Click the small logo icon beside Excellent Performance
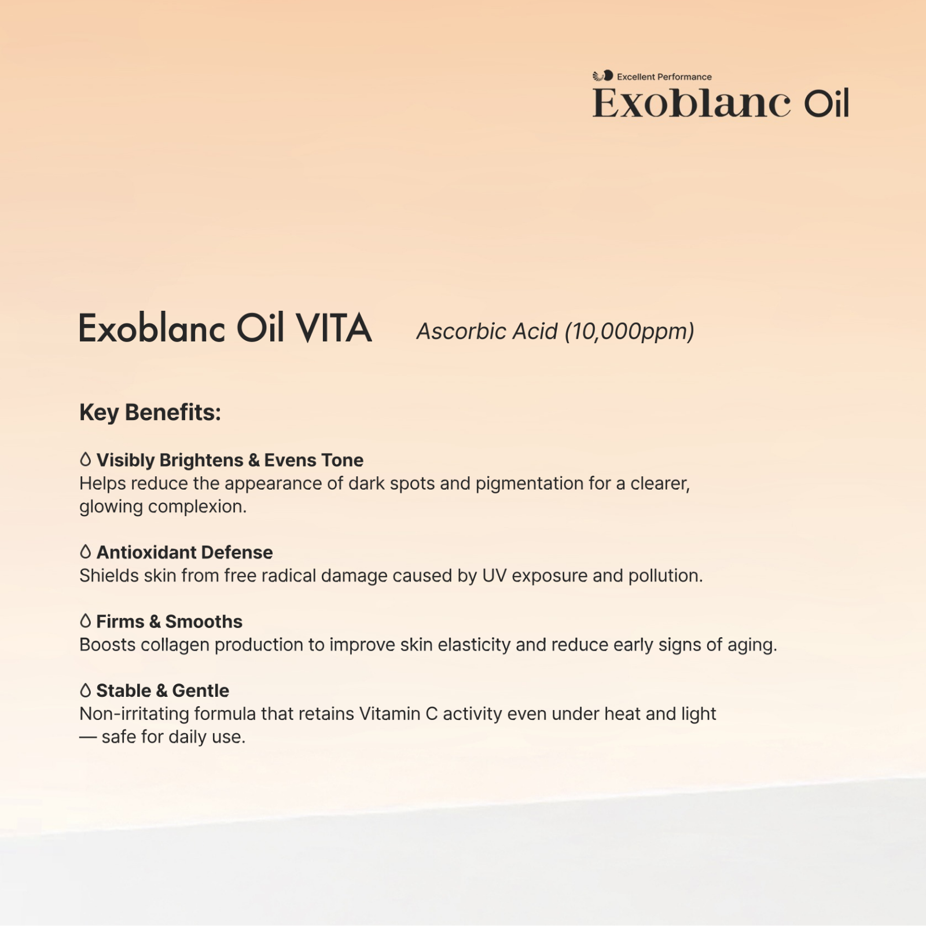coord(602,76)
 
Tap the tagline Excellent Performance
coord(664,76)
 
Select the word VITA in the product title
coord(334,328)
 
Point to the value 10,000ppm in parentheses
coord(630,332)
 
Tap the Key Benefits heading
coord(150,413)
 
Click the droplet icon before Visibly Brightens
coord(86,460)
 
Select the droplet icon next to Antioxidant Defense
coord(86,552)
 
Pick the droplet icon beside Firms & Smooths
coord(86,621)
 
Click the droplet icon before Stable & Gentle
coord(86,690)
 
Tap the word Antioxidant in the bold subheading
coord(146,552)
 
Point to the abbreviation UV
coord(494,576)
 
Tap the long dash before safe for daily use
coord(88,737)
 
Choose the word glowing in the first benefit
coord(111,507)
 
